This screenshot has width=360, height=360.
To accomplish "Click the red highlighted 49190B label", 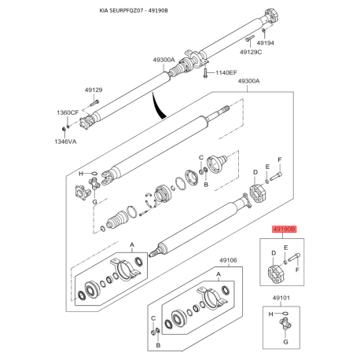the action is point(284,230).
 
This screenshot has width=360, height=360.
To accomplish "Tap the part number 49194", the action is point(265,43).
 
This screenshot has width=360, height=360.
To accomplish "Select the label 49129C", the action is point(251,52).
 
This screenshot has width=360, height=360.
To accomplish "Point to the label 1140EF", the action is point(226,72).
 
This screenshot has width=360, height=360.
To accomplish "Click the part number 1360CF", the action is point(68,112).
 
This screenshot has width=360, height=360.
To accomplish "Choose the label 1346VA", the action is point(65,141).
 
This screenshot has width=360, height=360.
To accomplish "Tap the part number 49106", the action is point(228,260).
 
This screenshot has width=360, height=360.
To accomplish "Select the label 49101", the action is point(281,298).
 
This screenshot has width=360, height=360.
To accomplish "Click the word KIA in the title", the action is point(104,11).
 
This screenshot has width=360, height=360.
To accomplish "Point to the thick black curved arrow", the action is point(158,105).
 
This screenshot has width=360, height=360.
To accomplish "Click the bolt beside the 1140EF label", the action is point(206,72).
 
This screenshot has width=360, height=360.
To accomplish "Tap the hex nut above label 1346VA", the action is point(63,129).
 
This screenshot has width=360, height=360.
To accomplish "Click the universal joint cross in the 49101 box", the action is point(285,324).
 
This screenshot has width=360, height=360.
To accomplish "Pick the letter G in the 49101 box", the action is point(285,342).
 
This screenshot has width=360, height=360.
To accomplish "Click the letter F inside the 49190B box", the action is point(297,270).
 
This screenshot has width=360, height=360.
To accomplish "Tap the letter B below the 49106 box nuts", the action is point(158,345).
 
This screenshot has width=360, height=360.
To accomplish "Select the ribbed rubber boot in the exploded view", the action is point(117,221).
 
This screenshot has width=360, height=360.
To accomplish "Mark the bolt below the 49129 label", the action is point(95,102).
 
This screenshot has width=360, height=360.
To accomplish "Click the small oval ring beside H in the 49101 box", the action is point(286,313).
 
